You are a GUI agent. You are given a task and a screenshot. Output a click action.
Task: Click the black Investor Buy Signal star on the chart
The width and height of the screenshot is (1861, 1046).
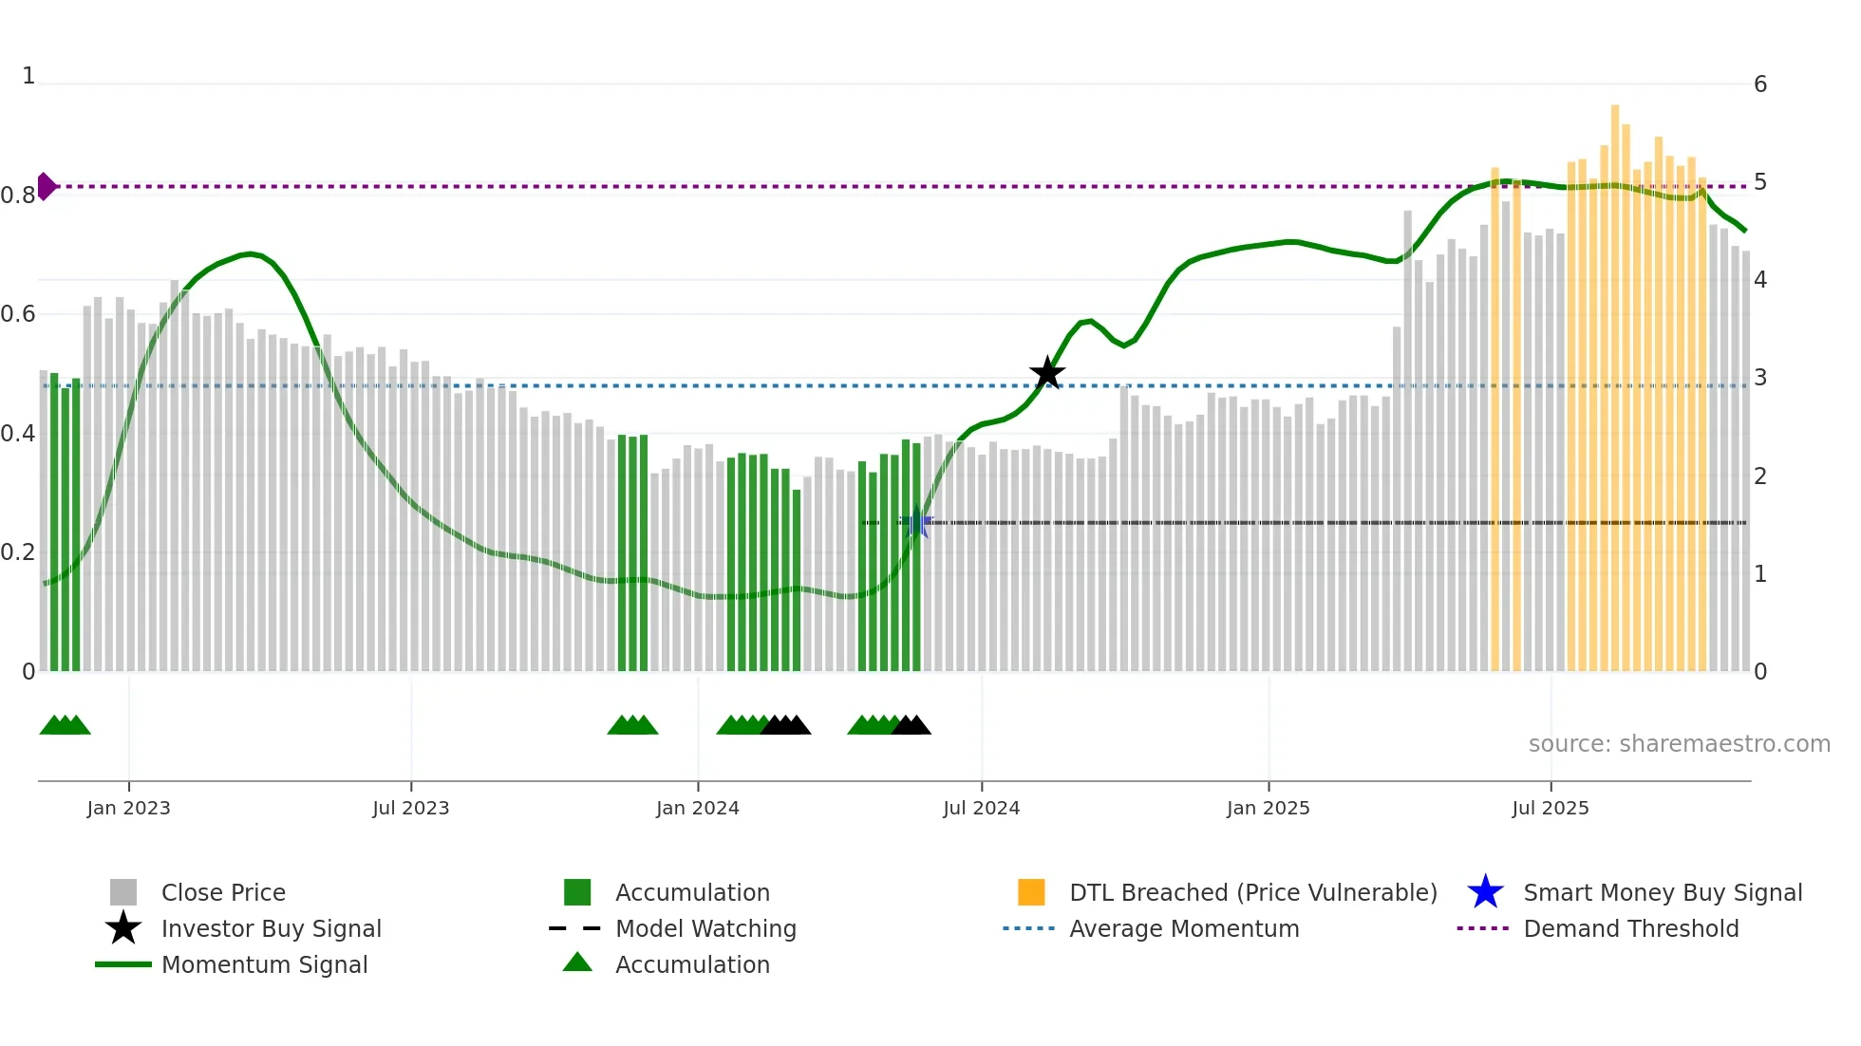(x=1047, y=373)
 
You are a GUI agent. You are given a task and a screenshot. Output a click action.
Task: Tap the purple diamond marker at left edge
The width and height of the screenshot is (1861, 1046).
(x=46, y=186)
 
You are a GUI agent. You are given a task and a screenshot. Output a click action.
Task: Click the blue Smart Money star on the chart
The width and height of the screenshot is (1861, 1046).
(x=917, y=523)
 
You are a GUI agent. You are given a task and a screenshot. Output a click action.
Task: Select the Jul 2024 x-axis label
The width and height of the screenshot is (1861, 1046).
(x=981, y=808)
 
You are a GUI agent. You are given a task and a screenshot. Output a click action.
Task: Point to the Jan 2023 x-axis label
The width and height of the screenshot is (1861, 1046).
(x=128, y=808)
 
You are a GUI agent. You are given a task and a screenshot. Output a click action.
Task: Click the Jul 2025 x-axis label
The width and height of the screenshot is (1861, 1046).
(x=1550, y=808)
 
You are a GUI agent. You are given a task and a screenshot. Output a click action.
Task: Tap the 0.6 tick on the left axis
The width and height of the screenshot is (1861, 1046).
(x=19, y=314)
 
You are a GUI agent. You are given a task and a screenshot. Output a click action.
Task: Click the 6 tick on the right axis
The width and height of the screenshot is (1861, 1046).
(x=1760, y=84)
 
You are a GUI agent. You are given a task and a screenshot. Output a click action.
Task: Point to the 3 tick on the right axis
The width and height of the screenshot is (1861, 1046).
(x=1760, y=378)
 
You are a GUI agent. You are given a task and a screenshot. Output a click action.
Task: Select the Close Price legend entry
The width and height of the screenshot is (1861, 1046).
(x=223, y=892)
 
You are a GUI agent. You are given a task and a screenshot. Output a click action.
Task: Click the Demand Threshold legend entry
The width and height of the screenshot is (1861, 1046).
(x=1630, y=928)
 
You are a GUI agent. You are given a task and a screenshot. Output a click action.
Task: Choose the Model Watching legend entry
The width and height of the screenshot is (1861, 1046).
(x=705, y=928)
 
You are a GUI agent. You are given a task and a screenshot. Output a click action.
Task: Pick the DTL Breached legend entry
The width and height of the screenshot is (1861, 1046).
(x=1252, y=892)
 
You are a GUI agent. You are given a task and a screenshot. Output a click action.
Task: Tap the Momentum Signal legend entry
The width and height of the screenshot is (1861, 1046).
(x=264, y=964)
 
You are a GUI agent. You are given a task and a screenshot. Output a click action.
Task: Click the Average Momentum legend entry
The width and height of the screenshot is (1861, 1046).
(x=1184, y=928)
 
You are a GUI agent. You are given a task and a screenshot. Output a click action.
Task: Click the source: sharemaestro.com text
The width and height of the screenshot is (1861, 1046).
(x=1679, y=744)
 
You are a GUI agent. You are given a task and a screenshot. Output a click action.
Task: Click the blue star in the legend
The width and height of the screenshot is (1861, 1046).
(x=1485, y=892)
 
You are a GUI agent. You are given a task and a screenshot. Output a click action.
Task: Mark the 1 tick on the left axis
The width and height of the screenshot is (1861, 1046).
(x=28, y=76)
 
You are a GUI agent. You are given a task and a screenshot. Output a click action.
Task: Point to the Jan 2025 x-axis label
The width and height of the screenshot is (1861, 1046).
(x=1268, y=808)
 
